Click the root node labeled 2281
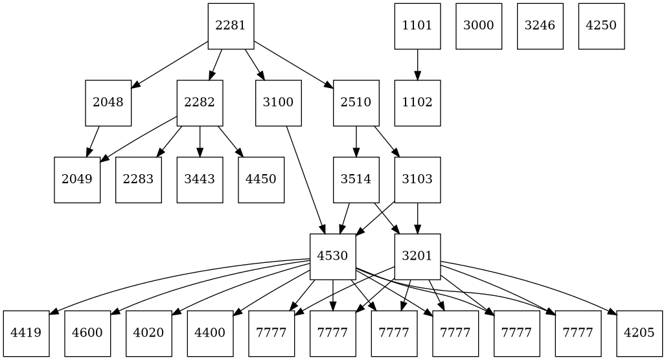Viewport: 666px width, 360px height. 231,26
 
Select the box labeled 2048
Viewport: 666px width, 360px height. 108,103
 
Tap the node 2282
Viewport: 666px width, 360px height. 200,103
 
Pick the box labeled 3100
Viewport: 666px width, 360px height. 279,103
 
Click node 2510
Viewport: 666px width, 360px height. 356,103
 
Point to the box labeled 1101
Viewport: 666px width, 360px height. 417,26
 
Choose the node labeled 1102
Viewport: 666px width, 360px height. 417,103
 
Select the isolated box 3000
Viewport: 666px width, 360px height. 479,26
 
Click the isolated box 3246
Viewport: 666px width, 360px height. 540,26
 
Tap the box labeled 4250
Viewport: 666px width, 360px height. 601,26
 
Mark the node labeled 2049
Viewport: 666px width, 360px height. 77,179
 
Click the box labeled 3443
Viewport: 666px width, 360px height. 200,179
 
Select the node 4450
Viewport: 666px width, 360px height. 261,179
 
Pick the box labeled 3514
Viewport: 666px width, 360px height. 356,179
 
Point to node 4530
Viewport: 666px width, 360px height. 333,256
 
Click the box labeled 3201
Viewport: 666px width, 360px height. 417,256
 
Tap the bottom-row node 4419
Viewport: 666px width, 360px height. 26,333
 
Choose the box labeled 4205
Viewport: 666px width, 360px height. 639,333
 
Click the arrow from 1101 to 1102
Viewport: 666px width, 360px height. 417,64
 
